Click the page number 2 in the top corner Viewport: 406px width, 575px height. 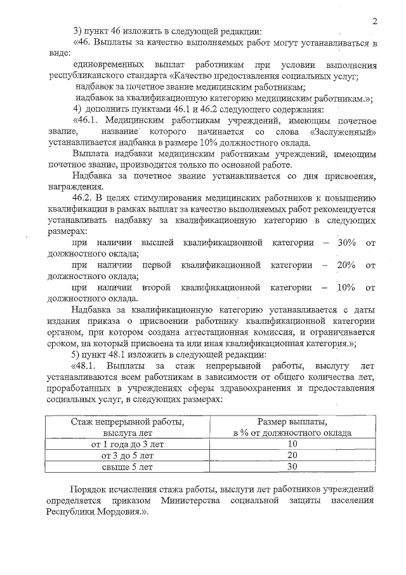click(375, 21)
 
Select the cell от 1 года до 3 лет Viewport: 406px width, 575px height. click(128, 444)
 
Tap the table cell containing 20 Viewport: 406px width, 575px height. click(292, 456)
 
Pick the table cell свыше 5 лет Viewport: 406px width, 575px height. click(128, 467)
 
